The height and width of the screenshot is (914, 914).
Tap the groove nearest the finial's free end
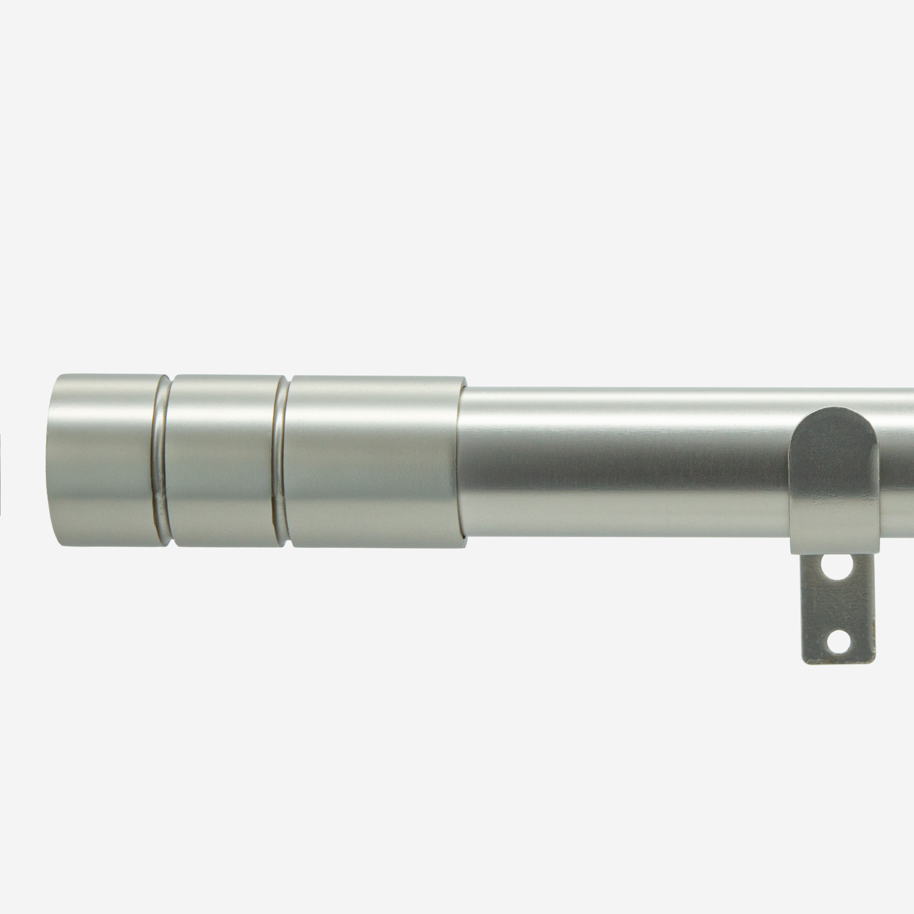coord(161,460)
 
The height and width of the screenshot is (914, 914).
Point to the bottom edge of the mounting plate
coord(839,663)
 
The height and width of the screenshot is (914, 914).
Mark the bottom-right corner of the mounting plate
coord(874,663)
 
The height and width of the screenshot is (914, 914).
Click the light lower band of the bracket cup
coord(834,531)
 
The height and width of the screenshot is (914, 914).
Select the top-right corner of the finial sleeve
coord(464,378)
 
